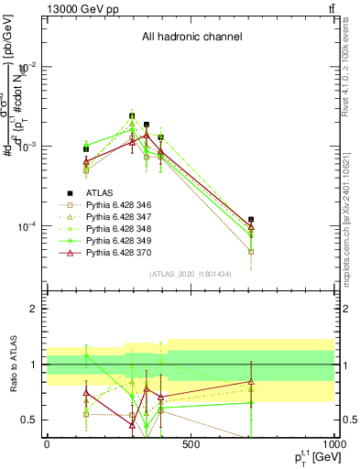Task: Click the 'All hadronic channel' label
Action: [191, 38]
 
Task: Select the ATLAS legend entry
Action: [101, 193]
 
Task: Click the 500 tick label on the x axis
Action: [191, 445]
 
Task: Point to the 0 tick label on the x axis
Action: [47, 445]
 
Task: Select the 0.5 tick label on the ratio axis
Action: [29, 420]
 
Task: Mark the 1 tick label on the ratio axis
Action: [34, 365]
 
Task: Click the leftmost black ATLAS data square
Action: [86, 148]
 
